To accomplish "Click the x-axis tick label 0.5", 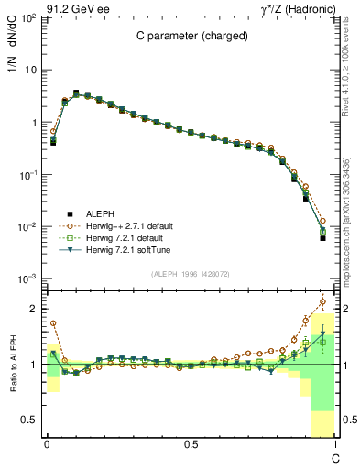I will pos(191,443).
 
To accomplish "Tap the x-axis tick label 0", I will pos(47,443).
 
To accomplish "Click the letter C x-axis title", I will pos(335,457).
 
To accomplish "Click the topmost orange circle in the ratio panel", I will pos(322,300).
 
